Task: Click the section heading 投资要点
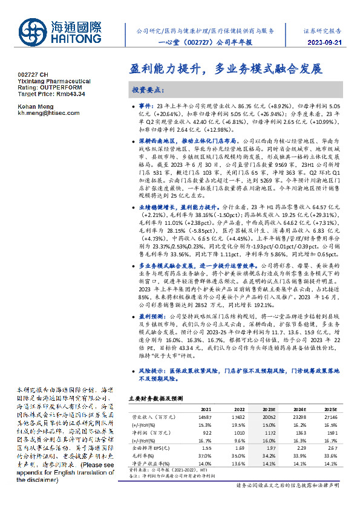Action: [x=148, y=89]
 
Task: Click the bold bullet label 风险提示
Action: [x=153, y=368]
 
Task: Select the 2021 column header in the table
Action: [x=206, y=409]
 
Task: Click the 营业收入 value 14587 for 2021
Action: [x=205, y=417]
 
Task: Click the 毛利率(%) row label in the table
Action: [x=143, y=456]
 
